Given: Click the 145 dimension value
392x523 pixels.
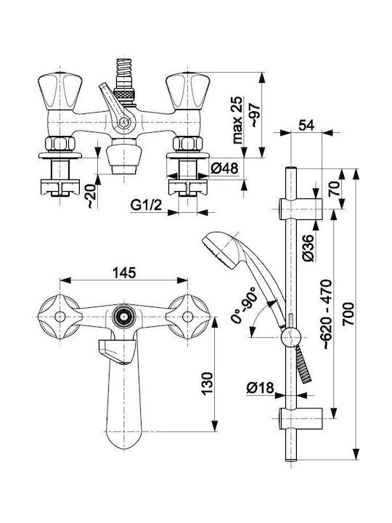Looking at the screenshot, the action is pos(124,272).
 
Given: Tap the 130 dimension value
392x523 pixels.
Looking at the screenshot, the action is pos(207,384).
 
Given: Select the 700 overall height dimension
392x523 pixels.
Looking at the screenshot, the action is pos(348,315).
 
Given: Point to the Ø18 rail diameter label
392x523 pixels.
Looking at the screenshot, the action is pos(260,388).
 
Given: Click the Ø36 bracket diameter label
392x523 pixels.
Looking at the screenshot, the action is pos(308,248).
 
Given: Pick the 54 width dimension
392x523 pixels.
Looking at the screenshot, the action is pos(306,125).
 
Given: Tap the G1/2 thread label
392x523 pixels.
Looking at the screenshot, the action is pos(146,205).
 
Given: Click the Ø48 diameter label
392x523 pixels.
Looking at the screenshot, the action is pos(224,169).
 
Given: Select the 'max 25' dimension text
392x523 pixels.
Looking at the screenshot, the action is pos(237,120).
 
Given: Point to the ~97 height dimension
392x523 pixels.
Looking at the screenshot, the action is pos(254,115).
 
